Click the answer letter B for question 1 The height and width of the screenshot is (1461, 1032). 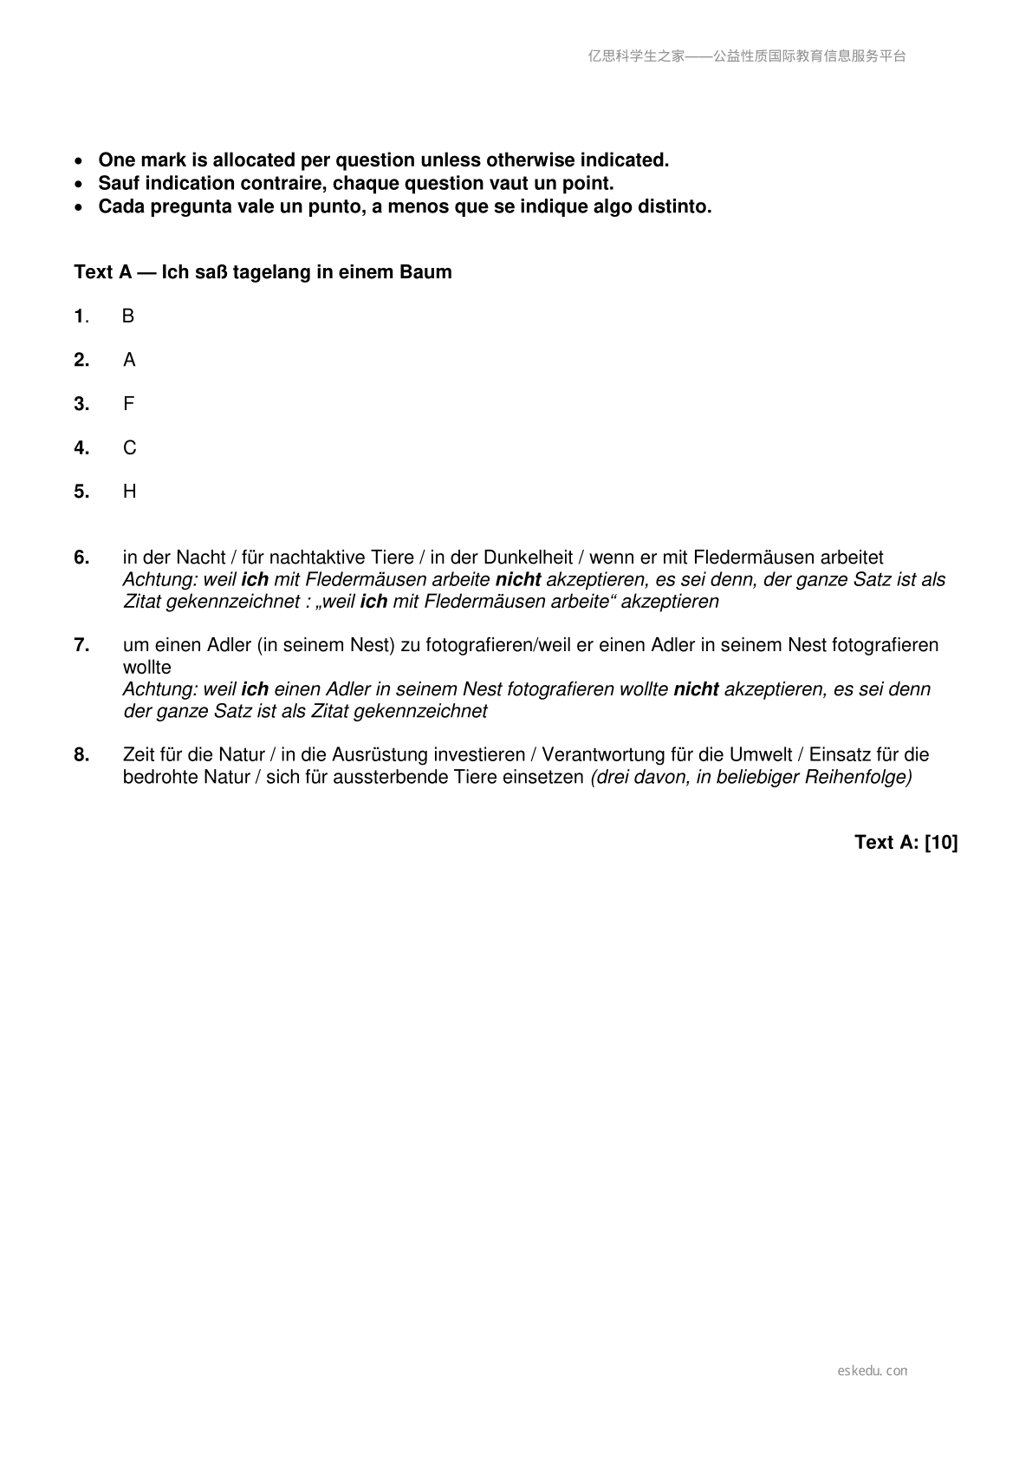coord(128,316)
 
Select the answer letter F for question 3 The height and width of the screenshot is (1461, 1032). coord(128,404)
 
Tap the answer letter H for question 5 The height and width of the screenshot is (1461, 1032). coord(129,492)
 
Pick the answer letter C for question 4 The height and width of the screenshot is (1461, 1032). coord(129,448)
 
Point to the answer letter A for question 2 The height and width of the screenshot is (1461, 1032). coord(129,360)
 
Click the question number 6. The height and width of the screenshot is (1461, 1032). coord(81,558)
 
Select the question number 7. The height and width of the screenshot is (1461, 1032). coord(81,645)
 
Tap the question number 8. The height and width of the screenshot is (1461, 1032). coord(81,755)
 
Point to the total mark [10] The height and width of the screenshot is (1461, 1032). coord(941,843)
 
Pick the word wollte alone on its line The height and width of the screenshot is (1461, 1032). coord(147,668)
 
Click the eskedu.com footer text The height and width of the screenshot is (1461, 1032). coord(873,1371)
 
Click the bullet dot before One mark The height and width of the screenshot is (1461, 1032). coord(80,161)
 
